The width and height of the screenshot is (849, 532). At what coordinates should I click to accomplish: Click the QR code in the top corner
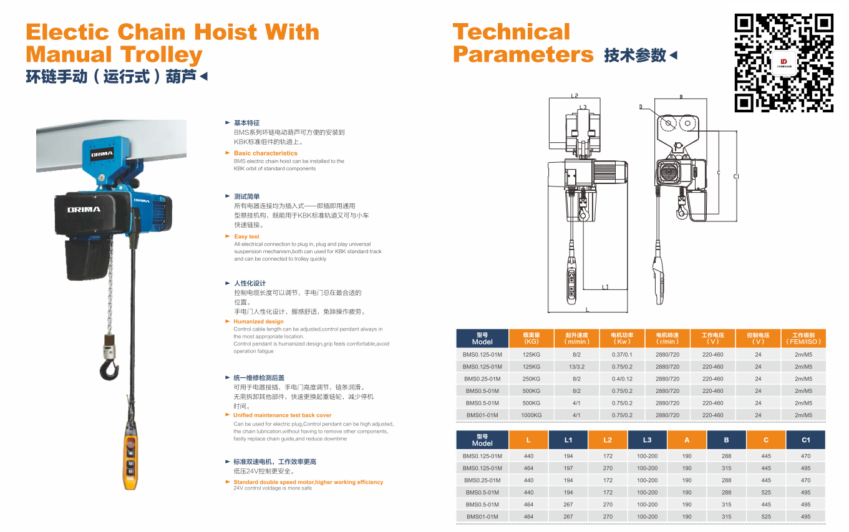click(784, 62)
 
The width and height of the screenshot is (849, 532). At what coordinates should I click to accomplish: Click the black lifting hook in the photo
click(109, 369)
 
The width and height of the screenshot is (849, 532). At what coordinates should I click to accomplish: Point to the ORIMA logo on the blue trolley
click(101, 154)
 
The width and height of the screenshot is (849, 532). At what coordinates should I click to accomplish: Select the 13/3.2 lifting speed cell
click(576, 367)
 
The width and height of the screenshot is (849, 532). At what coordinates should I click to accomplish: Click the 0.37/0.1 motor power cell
click(622, 354)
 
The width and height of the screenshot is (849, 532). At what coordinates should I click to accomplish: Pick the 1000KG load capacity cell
click(531, 415)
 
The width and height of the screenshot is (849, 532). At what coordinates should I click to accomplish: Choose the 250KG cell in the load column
click(531, 379)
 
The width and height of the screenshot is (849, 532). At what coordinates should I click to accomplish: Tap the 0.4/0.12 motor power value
click(622, 379)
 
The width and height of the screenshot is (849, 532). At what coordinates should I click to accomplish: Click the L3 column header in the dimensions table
click(647, 440)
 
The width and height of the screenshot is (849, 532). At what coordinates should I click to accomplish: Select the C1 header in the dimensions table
click(805, 440)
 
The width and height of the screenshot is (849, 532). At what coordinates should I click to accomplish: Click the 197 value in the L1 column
click(568, 468)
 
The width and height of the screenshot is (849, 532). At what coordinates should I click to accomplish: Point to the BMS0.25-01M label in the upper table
click(482, 379)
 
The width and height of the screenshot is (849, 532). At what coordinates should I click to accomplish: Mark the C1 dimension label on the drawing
click(736, 177)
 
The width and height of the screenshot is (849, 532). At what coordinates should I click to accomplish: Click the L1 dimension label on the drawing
click(605, 287)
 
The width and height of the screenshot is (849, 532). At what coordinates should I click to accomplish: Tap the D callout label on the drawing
click(641, 107)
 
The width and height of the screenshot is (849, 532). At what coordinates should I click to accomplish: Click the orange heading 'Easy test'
click(246, 236)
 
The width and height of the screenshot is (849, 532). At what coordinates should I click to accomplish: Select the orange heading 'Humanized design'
click(258, 322)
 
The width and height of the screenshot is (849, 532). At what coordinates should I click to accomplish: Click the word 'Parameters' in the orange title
click(523, 55)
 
